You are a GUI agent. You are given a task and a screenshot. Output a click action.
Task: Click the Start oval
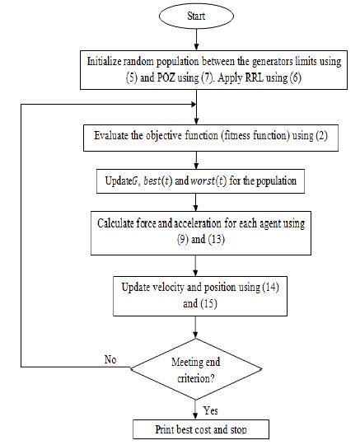coord(195,16)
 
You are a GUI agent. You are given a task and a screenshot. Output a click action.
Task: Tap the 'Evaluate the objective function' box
coord(195,136)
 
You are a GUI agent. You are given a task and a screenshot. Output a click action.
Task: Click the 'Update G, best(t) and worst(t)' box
coord(195,179)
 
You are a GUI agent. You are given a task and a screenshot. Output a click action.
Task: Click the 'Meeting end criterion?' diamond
coord(195,368)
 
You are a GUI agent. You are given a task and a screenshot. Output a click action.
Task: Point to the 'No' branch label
coord(110,359)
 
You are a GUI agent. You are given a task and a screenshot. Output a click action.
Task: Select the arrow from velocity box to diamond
coord(195,326)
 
